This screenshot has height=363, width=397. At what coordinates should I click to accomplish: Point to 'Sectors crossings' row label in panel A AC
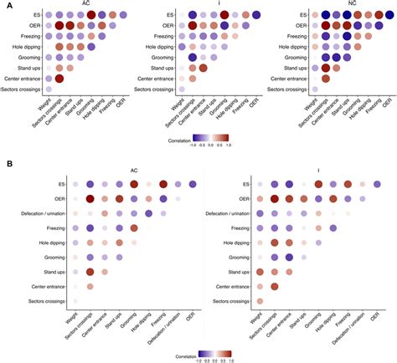pyautogui.click(x=23, y=87)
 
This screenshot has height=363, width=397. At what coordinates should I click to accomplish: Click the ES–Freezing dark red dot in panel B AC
pyautogui.click(x=164, y=185)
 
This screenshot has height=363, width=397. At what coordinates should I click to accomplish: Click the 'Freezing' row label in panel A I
pyautogui.click(x=157, y=36)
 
